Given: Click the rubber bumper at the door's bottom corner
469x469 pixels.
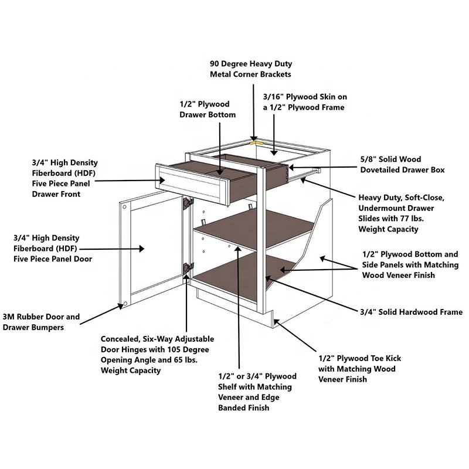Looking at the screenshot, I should (124, 304).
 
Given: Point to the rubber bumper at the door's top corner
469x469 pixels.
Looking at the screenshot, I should (124, 207).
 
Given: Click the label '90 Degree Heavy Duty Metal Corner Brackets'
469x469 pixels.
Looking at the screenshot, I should (250, 69).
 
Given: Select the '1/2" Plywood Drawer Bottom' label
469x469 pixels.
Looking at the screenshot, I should (208, 109).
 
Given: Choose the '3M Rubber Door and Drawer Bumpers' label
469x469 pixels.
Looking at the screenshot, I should (40, 322).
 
